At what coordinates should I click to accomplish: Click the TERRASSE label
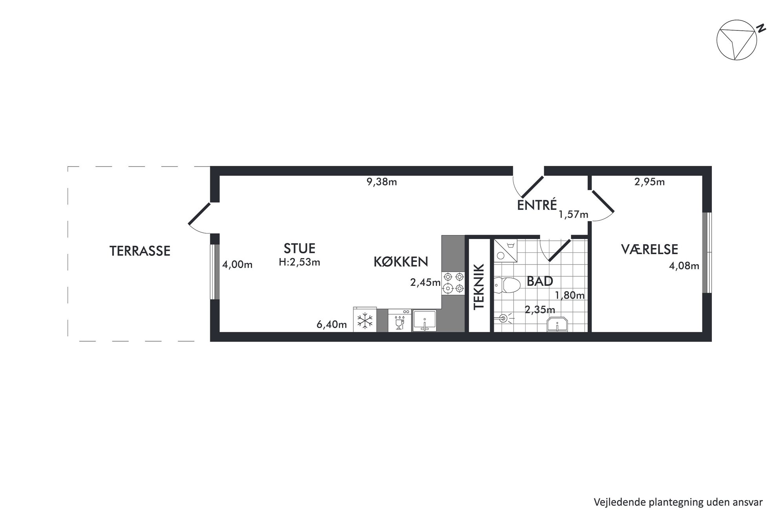(140, 251)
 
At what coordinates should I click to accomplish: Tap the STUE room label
(300, 248)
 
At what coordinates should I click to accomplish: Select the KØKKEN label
(400, 262)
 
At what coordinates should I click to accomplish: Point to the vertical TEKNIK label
(479, 287)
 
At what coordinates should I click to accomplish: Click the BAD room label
(540, 281)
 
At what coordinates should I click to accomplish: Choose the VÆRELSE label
(649, 249)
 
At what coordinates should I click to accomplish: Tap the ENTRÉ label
(537, 205)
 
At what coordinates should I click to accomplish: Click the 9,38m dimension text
(382, 182)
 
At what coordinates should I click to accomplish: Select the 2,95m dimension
(649, 182)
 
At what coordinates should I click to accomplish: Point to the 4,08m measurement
(684, 266)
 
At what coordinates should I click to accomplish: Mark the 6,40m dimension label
(332, 325)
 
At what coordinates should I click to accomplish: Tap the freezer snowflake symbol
(365, 320)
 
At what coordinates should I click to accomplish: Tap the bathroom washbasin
(557, 324)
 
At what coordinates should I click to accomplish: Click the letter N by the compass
(761, 28)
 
